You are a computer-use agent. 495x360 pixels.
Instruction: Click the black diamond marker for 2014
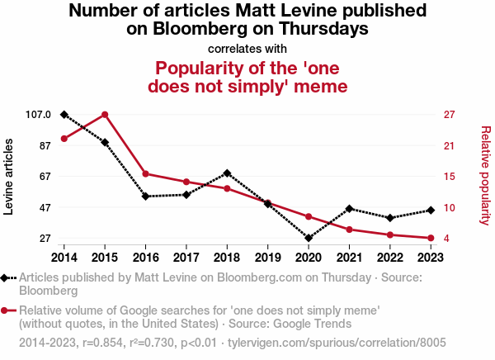[64, 114]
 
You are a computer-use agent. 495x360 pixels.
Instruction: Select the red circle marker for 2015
[105, 114]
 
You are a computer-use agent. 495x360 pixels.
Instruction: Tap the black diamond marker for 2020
[309, 238]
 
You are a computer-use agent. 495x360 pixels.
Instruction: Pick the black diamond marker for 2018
[227, 173]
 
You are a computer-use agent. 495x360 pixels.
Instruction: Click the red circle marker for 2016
[146, 173]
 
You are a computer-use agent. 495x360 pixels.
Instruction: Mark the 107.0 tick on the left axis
[38, 114]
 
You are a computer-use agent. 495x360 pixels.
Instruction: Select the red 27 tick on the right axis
[449, 114]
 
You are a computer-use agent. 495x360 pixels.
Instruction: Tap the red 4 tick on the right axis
[446, 238]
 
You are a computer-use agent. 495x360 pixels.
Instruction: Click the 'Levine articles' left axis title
[10, 176]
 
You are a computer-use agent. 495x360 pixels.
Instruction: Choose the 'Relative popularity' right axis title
[485, 176]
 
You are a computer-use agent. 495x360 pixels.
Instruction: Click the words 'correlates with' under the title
[247, 48]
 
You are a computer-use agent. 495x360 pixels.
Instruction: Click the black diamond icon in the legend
[8, 278]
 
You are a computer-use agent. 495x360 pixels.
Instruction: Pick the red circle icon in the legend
[8, 310]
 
